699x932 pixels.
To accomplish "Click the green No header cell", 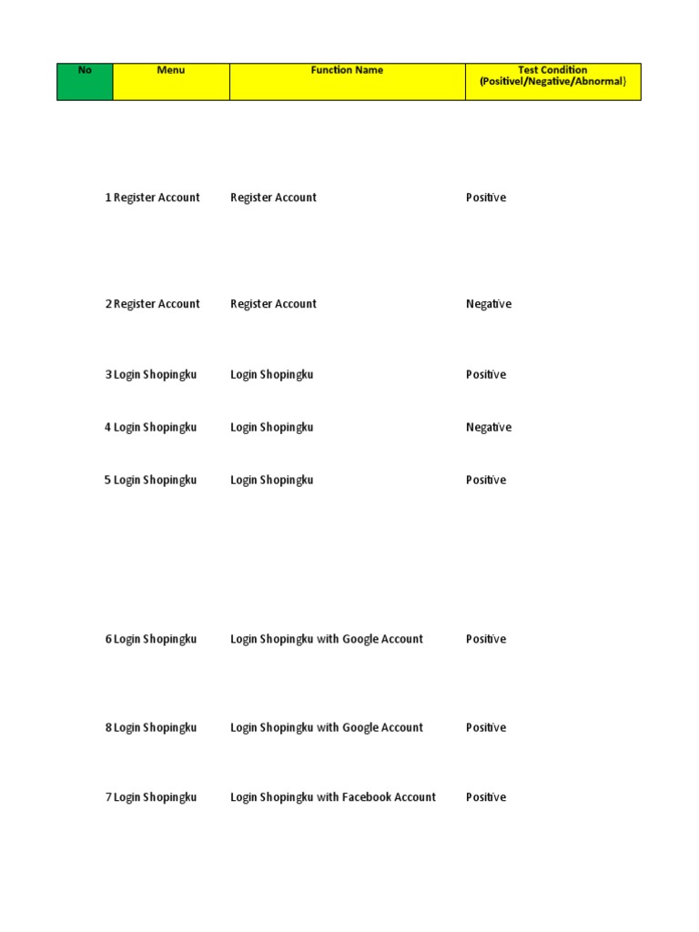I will coord(85,81).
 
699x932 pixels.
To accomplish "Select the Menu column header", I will coord(171,81).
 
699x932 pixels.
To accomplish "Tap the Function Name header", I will coord(347,81).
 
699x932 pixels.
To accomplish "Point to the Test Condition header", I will coord(552,81).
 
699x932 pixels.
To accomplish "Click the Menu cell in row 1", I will coord(157,198).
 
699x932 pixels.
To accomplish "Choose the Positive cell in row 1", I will coord(486,198).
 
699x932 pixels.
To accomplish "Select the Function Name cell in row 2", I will coord(273,304).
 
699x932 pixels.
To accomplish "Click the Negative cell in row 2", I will coord(489,304).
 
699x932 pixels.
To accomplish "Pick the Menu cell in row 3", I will coord(155,374).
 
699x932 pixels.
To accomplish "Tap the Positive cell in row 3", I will coord(486,374).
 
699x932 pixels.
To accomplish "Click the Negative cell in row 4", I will coord(489,427).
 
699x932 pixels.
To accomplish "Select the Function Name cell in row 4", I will coord(271,427).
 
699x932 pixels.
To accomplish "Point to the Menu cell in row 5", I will coord(155,480).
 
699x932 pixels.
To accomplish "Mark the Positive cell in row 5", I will coord(486,480).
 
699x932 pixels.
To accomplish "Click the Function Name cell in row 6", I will coord(327,639).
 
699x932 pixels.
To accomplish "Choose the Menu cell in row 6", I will coord(155,639).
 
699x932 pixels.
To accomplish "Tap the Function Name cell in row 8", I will coord(327,727).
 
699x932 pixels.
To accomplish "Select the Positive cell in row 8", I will coord(486,727).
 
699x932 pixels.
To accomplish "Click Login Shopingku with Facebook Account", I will coord(333,797).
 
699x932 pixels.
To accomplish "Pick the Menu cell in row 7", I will coord(155,797).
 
